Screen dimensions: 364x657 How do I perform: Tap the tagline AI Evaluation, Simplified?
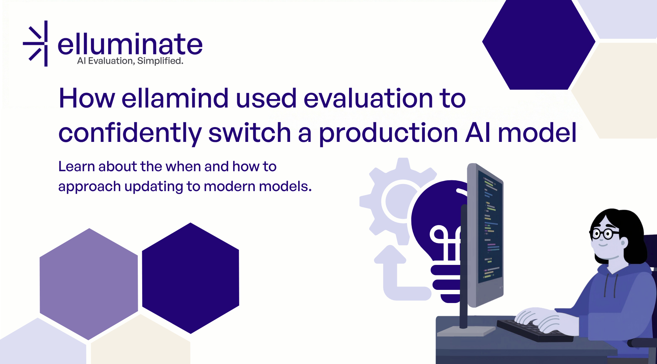pyautogui.click(x=130, y=61)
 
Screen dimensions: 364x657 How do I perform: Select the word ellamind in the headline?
pyautogui.click(x=175, y=98)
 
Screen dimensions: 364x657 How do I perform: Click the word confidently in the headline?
pyautogui.click(x=130, y=133)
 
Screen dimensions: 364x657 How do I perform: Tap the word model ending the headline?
pyautogui.click(x=537, y=133)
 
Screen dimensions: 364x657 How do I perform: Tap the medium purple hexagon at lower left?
pyautogui.click(x=89, y=284)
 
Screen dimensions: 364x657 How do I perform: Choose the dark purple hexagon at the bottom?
pyautogui.click(x=191, y=278)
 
